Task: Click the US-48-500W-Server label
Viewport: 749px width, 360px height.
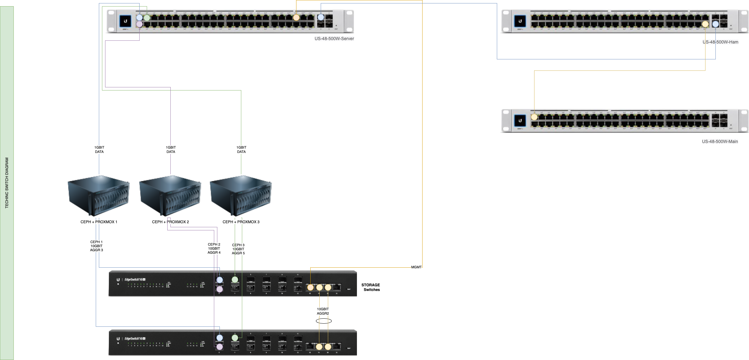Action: point(334,39)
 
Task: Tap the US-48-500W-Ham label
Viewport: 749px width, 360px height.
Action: point(720,42)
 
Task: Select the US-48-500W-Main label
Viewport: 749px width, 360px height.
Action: point(720,141)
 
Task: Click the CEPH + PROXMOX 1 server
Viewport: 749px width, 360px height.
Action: point(99,196)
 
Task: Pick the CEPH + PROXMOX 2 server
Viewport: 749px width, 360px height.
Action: point(170,196)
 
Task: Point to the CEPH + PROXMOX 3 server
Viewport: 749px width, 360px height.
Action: point(241,196)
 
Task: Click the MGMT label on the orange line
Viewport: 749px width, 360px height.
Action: point(416,267)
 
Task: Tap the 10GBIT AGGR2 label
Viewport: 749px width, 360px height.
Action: point(323,312)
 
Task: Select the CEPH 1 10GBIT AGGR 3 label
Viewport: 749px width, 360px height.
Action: point(96,246)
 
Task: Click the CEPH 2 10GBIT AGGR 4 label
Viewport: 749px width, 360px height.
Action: point(214,248)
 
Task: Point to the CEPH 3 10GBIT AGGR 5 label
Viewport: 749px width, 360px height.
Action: point(238,249)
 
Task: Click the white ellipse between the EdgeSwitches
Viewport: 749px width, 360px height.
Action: point(324,321)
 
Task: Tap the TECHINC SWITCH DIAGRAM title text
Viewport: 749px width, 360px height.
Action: point(7,183)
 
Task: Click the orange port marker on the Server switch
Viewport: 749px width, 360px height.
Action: point(296,18)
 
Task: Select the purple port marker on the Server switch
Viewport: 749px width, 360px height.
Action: point(139,24)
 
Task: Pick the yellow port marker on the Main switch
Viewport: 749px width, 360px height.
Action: point(534,117)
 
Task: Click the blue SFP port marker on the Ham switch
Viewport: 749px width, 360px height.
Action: point(715,24)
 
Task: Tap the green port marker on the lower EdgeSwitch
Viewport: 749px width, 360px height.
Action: point(235,338)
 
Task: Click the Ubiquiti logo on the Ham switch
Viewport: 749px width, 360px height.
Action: point(520,21)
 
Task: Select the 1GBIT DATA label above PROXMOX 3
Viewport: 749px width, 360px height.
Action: point(241,150)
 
